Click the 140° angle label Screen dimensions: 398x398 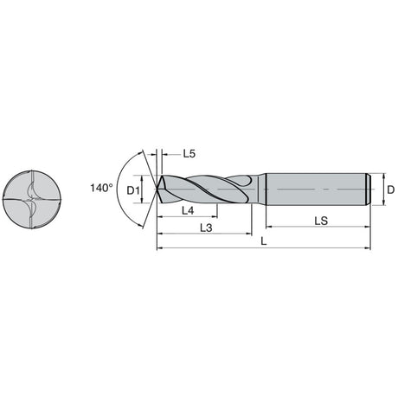(101, 189)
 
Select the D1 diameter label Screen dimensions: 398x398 (133, 190)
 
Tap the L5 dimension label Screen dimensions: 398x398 (189, 154)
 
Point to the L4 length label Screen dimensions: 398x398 (188, 211)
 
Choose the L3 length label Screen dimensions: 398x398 (206, 228)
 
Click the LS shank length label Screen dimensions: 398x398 (321, 221)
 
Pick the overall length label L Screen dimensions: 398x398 (263, 241)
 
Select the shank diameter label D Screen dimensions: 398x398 (390, 189)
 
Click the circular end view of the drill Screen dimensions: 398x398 (32, 200)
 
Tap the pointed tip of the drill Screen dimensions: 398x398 (157, 189)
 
